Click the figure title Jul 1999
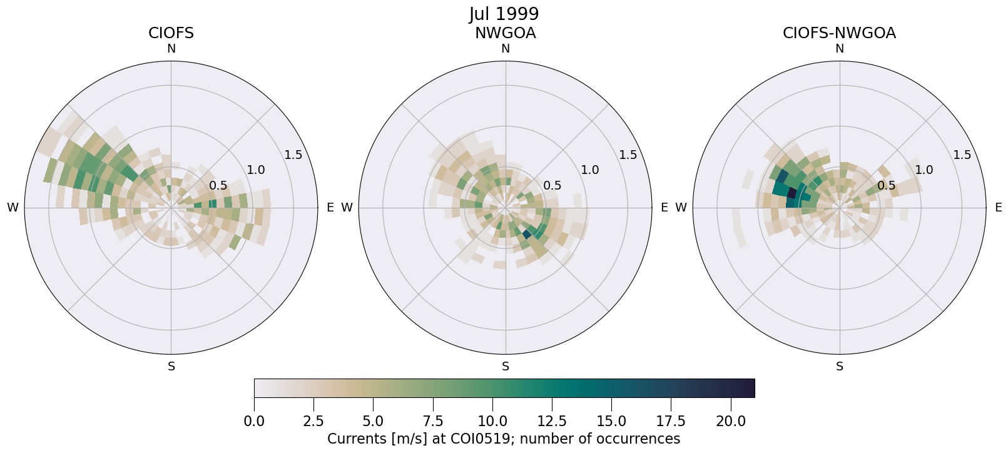pos(504,14)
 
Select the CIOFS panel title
pos(171,33)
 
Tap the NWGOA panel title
pos(505,33)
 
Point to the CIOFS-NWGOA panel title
pos(839,33)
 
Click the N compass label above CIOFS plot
pos(171,49)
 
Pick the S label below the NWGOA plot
pos(506,367)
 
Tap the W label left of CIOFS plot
pos(13,208)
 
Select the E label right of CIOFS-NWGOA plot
pos(998,208)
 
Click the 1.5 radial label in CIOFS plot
pos(293,155)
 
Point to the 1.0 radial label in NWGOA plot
pos(589,170)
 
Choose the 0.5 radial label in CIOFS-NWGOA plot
pos(886,185)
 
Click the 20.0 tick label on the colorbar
pos(731,421)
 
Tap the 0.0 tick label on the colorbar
pos(254,421)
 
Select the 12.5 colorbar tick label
pos(552,421)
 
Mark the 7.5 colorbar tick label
pos(433,421)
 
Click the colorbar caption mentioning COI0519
pos(504,439)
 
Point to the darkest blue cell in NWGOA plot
pos(526,234)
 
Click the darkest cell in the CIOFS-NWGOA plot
pos(792,193)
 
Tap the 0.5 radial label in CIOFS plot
pos(218,185)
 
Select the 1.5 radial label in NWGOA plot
pos(628,155)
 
